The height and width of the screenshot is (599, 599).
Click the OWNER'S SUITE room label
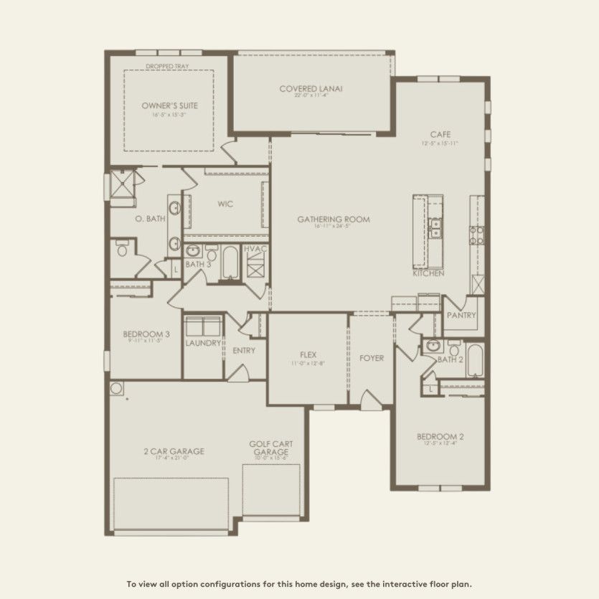tap(169, 105)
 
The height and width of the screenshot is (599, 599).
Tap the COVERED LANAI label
tap(311, 89)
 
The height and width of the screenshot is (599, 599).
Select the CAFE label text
tap(440, 134)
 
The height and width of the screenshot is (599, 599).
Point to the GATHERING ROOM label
tap(334, 219)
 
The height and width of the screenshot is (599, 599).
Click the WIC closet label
tap(225, 204)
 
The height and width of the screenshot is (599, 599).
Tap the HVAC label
tap(255, 248)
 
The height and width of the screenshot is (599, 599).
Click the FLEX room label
tap(308, 355)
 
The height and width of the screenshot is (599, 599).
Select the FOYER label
tap(372, 357)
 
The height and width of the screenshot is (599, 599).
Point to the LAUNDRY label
tap(202, 343)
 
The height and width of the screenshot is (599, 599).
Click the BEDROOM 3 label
tap(146, 334)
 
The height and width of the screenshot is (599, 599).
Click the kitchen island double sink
tap(435, 228)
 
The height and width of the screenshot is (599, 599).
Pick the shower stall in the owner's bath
tap(122, 184)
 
